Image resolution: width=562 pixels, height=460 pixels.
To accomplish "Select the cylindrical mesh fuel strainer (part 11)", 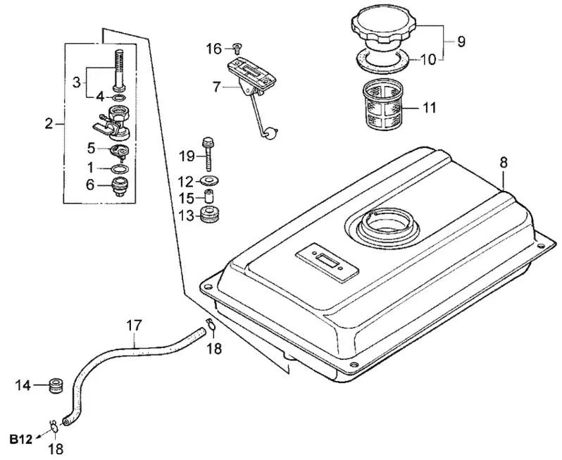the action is (x=384, y=104).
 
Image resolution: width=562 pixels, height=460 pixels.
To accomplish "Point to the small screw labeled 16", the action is (x=237, y=46).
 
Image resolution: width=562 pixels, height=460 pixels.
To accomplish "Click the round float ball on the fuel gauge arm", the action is (x=270, y=134).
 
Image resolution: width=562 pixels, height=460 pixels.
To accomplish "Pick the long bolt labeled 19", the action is (x=208, y=154).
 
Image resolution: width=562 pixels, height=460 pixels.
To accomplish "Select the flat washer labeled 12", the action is (x=208, y=180).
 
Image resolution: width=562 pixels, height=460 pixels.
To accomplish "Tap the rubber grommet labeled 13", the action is (x=210, y=214).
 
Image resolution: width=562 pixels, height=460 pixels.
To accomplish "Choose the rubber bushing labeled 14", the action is (x=56, y=385).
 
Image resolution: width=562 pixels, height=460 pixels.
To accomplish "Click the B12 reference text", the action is (x=21, y=439).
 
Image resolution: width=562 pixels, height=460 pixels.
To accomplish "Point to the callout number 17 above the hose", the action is (x=135, y=325).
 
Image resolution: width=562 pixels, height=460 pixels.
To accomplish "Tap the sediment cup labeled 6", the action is (x=119, y=187).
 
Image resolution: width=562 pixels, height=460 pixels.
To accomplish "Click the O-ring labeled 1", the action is (x=119, y=168).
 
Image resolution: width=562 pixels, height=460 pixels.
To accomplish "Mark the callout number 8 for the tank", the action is (x=504, y=163).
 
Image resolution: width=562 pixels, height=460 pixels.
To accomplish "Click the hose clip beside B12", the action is (x=54, y=426).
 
